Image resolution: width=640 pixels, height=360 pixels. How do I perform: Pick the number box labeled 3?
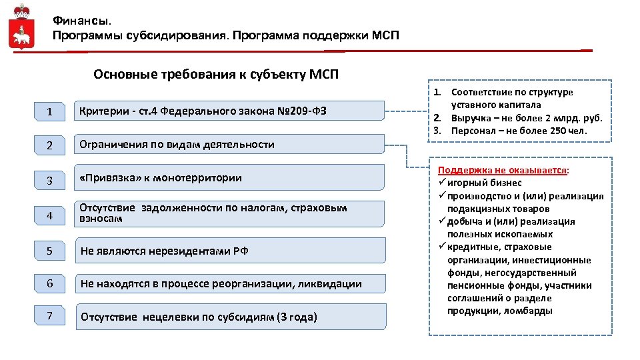click(x=50, y=181)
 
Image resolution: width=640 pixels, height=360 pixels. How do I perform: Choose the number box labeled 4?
click(x=50, y=216)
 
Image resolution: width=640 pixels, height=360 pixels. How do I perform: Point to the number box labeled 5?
click(x=50, y=251)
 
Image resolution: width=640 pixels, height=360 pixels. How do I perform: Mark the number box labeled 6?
click(x=50, y=283)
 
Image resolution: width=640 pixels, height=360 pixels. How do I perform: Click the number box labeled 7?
click(x=50, y=315)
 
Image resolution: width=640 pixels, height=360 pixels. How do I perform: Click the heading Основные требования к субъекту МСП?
click(x=216, y=74)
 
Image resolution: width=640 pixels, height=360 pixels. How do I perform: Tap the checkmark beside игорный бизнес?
click(x=442, y=183)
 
